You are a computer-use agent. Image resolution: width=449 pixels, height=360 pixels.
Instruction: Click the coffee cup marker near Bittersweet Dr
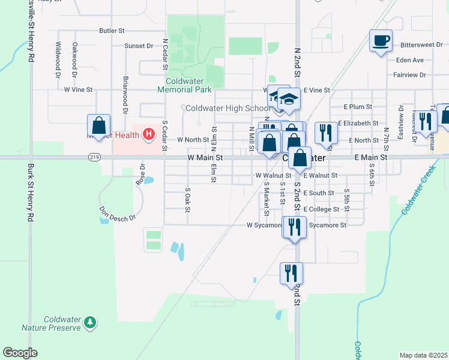pos(381,41)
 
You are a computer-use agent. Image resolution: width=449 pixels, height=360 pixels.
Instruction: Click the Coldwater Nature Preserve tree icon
pos(90,323)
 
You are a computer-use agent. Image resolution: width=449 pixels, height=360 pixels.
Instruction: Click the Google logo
pos(20,353)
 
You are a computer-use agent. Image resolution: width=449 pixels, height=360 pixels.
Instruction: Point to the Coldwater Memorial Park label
pos(188,85)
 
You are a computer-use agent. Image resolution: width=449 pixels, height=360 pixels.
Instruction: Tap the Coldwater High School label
pos(228,108)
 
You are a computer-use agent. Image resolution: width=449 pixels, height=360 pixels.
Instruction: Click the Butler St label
pos(112,30)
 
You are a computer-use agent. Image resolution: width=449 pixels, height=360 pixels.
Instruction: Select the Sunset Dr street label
pos(139,46)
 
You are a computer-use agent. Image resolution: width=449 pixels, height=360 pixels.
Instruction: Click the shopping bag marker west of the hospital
pos(99,126)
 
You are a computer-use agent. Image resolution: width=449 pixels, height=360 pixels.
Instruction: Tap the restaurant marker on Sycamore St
pos(294,227)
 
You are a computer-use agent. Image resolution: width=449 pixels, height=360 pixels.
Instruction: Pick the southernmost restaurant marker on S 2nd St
pos(291,273)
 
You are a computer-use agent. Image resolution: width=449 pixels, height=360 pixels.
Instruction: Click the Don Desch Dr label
pos(118,215)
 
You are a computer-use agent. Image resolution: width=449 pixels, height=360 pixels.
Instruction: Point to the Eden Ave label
pos(410,60)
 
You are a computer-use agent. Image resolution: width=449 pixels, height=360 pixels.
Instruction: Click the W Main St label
pos(205,157)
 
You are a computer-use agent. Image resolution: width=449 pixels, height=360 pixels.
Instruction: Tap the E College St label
pos(322,209)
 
